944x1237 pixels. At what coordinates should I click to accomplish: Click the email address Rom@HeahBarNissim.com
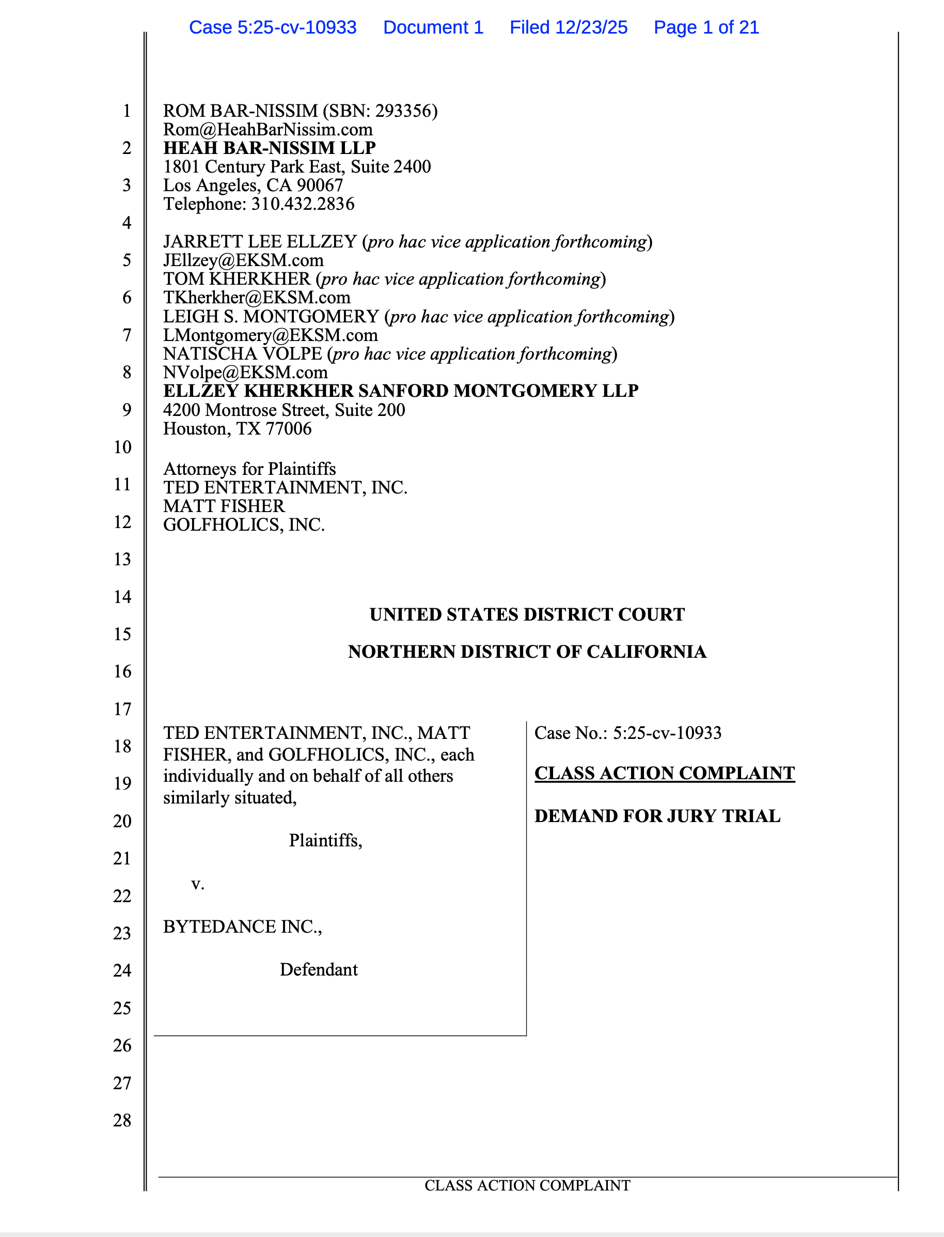coord(268,129)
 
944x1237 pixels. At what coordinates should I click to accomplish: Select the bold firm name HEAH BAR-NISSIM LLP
coord(269,148)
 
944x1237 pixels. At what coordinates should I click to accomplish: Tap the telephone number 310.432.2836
coord(302,204)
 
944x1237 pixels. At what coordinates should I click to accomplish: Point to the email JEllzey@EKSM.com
coord(243,260)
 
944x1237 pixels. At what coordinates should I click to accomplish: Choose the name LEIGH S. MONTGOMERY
coord(271,317)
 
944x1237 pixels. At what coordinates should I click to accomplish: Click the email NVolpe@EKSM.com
coord(245,372)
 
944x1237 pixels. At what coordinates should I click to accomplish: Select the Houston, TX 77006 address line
coord(237,428)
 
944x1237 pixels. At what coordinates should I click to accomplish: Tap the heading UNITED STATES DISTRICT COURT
coord(527,614)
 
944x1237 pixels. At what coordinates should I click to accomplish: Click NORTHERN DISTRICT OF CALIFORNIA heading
coord(527,652)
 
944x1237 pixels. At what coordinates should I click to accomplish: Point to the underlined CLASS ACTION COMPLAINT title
coord(664,773)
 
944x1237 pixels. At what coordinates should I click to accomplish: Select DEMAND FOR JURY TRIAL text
coord(657,816)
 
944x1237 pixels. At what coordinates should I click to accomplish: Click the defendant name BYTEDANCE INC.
coord(242,926)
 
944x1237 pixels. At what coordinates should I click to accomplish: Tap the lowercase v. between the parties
coord(198,884)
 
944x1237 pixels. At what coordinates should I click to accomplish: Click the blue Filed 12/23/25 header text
coord(568,27)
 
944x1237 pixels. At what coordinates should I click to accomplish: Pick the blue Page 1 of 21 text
coord(706,27)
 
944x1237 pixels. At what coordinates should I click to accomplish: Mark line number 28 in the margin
coord(122,1120)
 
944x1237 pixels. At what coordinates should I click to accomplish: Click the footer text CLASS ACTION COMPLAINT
coord(527,1185)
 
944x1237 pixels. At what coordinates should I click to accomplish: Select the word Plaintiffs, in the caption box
coord(325,841)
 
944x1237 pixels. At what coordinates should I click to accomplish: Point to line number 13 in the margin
coord(122,559)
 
